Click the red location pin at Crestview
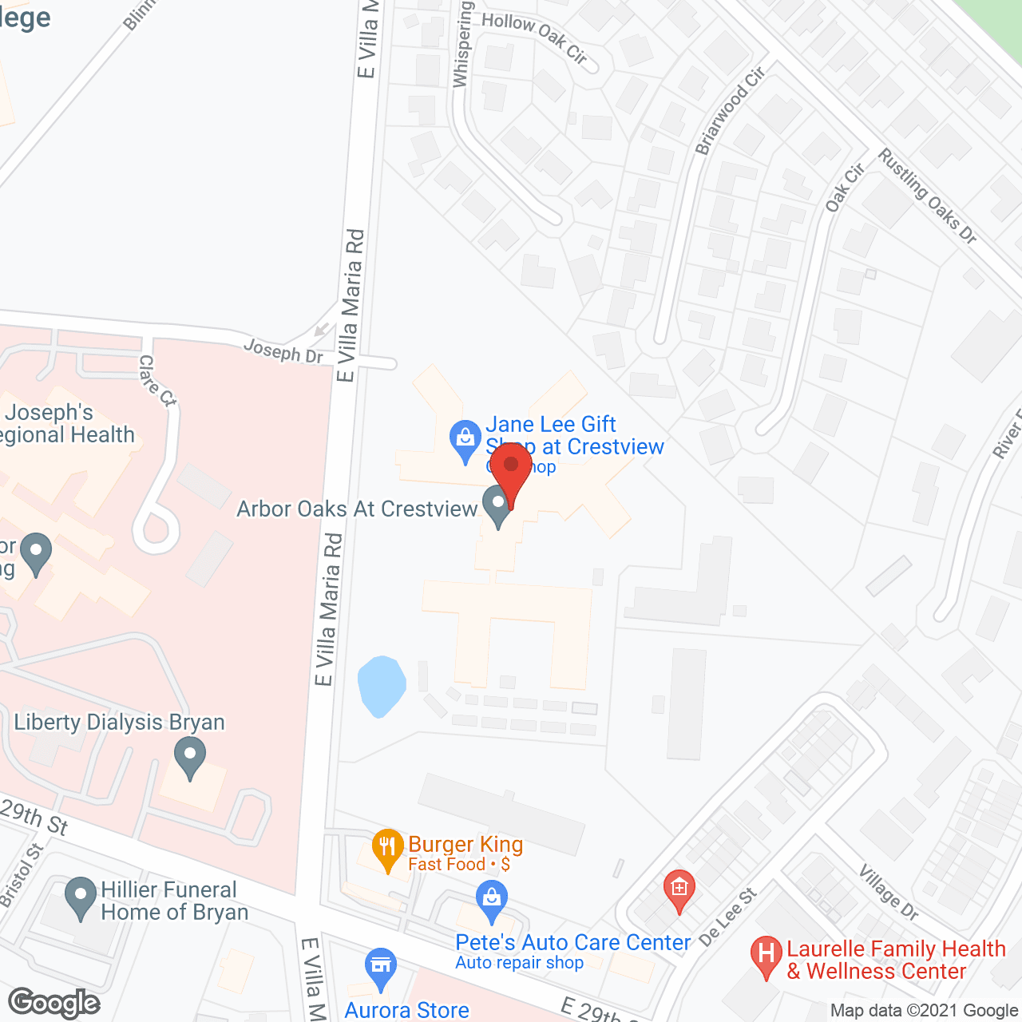click(511, 467)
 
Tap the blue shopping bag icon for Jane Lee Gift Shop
click(464, 438)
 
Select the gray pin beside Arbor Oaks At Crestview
click(497, 504)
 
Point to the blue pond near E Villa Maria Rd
click(381, 685)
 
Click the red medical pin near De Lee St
click(679, 889)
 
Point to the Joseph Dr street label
click(283, 351)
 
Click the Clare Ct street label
click(156, 381)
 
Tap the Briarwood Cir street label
click(730, 110)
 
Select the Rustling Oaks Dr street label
click(927, 196)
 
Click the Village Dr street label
click(889, 891)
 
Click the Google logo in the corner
click(54, 1003)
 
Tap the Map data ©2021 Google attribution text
click(923, 1010)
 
